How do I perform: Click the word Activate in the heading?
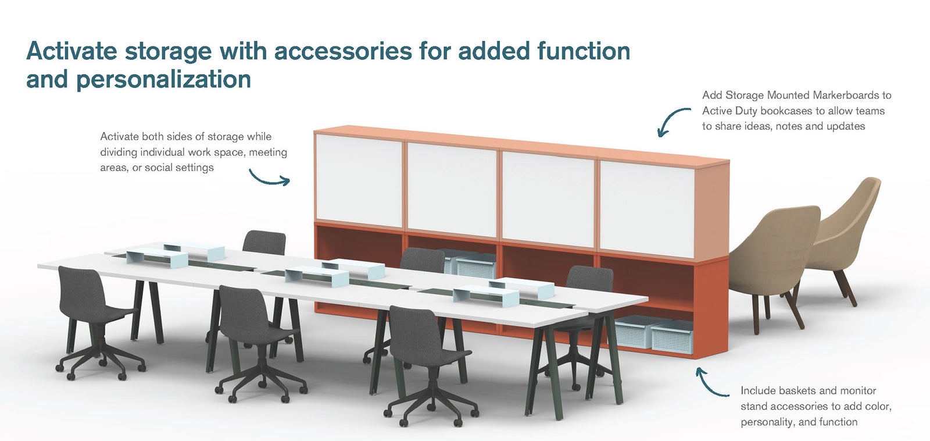pos(71,52)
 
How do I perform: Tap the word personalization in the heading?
pos(163,79)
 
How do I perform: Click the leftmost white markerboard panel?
pos(359,180)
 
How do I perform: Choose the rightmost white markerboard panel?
pos(648,209)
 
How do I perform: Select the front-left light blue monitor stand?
pos(157,257)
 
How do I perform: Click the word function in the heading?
pos(584,51)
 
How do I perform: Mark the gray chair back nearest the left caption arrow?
pos(264,243)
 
